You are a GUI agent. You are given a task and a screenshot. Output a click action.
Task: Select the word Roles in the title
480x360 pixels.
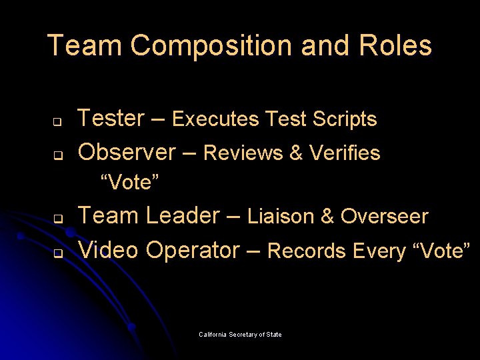pyautogui.click(x=397, y=46)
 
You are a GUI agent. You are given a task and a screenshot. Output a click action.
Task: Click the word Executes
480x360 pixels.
pyautogui.click(x=215, y=119)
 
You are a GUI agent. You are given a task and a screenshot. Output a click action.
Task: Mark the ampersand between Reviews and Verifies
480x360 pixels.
pyautogui.click(x=296, y=153)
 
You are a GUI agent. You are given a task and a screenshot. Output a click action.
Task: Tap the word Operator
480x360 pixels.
pyautogui.click(x=193, y=250)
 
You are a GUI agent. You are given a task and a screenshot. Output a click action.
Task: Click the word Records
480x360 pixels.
pyautogui.click(x=307, y=251)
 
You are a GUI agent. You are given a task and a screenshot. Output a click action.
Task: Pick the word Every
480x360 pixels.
pyautogui.click(x=379, y=251)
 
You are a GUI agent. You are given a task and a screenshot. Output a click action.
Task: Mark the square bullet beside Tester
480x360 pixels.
pyautogui.click(x=58, y=123)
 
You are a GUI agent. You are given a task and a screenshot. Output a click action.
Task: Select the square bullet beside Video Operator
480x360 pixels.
pyautogui.click(x=58, y=254)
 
